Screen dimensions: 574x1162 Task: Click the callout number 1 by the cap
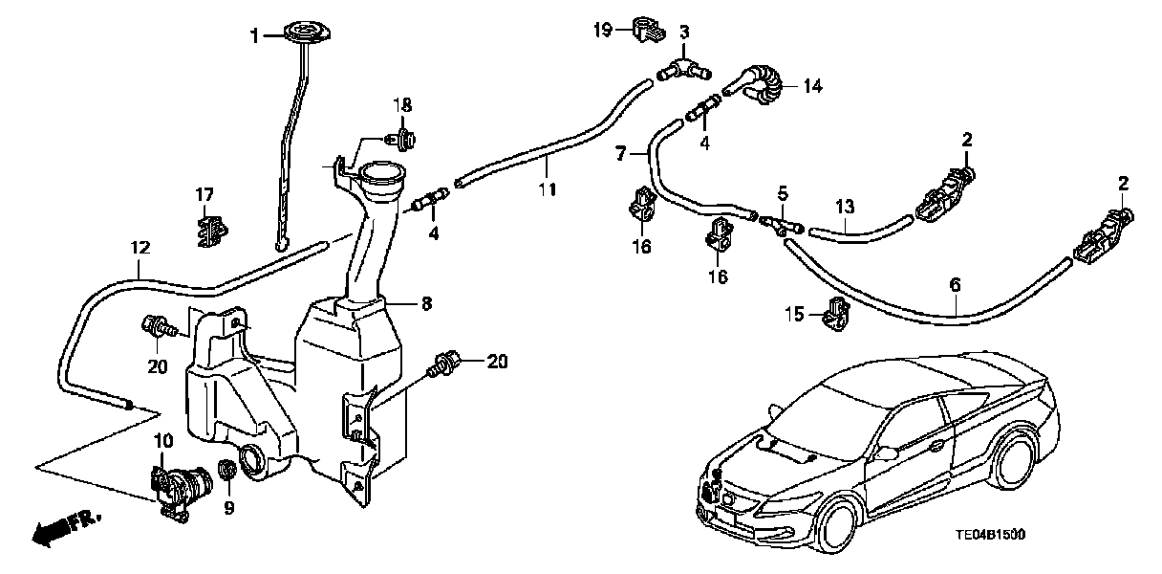click(x=254, y=36)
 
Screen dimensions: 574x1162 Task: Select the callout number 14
click(x=811, y=87)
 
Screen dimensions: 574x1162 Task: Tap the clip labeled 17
click(x=211, y=231)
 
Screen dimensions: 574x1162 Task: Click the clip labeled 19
click(x=645, y=30)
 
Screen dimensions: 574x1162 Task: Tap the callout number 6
click(x=956, y=284)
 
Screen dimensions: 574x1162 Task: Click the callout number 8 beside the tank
click(x=426, y=303)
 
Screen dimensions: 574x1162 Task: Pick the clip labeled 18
click(x=403, y=140)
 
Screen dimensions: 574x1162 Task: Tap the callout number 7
click(x=621, y=153)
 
